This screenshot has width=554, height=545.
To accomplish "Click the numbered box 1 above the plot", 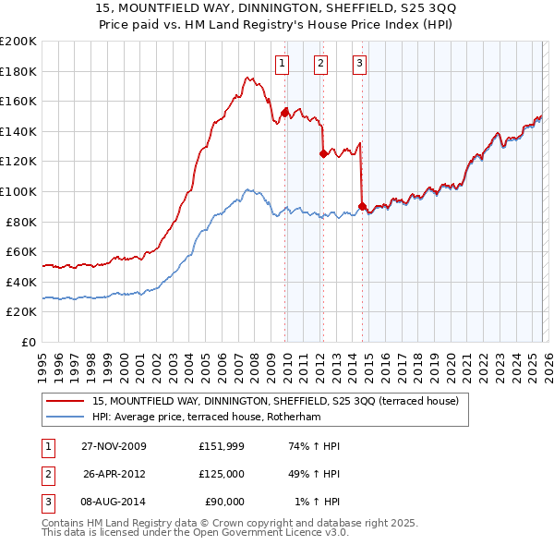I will pyautogui.click(x=282, y=64).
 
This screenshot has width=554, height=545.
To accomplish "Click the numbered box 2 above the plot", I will pyautogui.click(x=320, y=64).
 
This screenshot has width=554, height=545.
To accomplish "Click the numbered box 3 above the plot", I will pyautogui.click(x=358, y=64).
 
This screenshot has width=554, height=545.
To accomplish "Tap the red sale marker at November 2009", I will pyautogui.click(x=284, y=114).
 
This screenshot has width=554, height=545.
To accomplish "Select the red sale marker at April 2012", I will pyautogui.click(x=323, y=154).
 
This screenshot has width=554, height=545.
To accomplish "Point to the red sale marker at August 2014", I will pyautogui.click(x=361, y=207).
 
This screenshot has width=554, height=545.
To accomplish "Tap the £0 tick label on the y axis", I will pyautogui.click(x=28, y=342).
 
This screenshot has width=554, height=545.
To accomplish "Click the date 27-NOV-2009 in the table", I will pyautogui.click(x=114, y=446).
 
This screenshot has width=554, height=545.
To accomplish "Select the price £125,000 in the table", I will pyautogui.click(x=221, y=474).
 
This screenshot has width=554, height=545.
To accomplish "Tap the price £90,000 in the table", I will pyautogui.click(x=223, y=502).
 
